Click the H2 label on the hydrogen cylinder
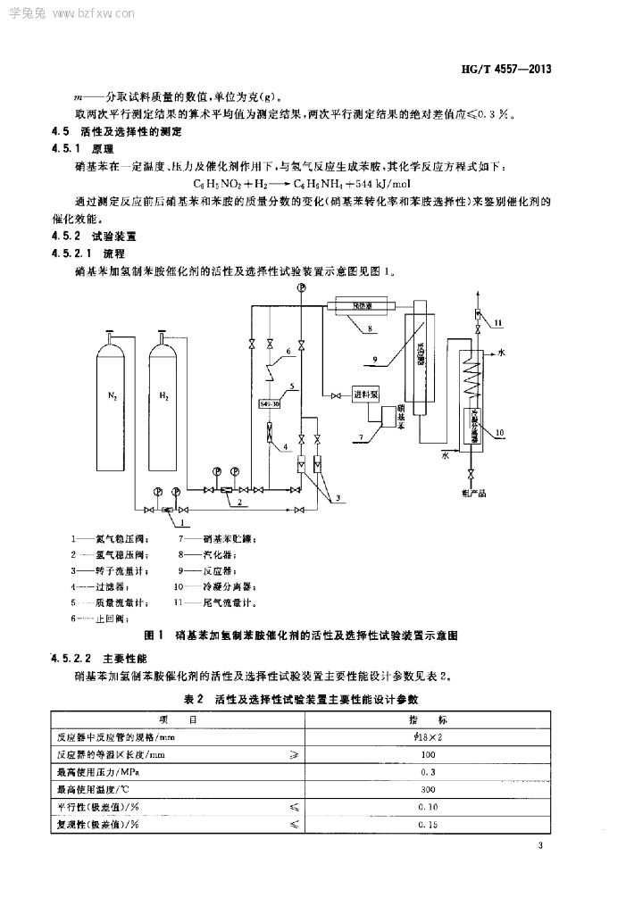coord(164,396)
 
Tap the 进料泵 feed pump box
coord(367,395)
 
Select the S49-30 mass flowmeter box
coord(271,403)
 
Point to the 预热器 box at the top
coord(359,306)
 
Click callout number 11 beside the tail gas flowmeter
coord(499,322)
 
